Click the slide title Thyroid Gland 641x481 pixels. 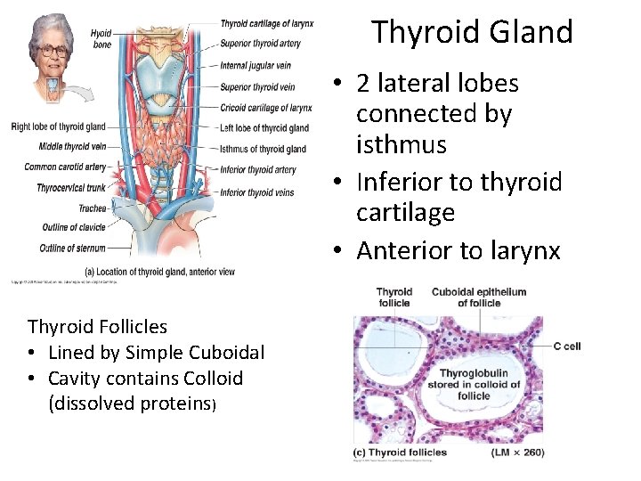(x=472, y=32)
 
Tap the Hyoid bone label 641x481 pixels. (x=101, y=38)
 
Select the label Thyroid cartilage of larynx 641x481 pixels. (x=266, y=23)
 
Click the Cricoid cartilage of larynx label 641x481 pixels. (x=265, y=108)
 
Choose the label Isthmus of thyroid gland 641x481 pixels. (x=263, y=149)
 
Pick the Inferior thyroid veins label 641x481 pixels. (x=256, y=192)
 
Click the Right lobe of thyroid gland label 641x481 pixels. (x=58, y=126)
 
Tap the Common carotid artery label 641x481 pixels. (x=65, y=167)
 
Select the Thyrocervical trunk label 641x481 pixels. (x=71, y=188)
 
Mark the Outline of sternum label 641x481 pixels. (x=72, y=249)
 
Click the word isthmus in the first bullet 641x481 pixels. (x=402, y=144)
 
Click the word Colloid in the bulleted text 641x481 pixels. (x=209, y=378)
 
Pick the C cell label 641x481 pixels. (x=566, y=346)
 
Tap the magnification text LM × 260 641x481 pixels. (x=517, y=452)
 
